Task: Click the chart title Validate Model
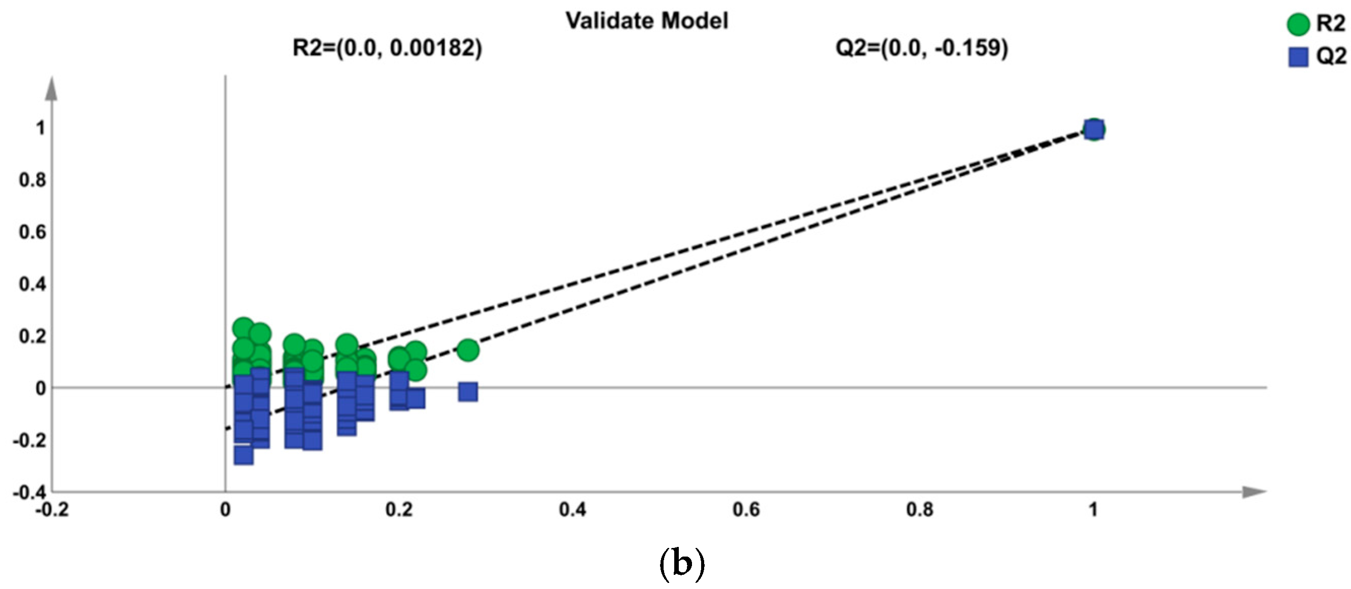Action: coord(647,21)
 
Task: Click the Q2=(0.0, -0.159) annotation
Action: coord(921,48)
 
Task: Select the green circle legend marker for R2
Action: coord(1298,25)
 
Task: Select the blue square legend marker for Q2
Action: coord(1298,57)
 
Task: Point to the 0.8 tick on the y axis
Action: coord(32,180)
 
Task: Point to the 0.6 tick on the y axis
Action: coord(32,232)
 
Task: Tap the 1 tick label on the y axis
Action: coord(41,128)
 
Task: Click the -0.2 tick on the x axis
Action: coord(51,509)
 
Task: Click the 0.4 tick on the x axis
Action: coord(573,509)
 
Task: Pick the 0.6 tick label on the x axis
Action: coord(746,509)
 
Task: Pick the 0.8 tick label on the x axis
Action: coord(919,509)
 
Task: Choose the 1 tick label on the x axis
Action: coord(1093,509)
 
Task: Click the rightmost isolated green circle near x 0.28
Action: coord(468,350)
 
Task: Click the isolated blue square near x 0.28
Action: coord(468,391)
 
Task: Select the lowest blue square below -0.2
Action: coord(244,455)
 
